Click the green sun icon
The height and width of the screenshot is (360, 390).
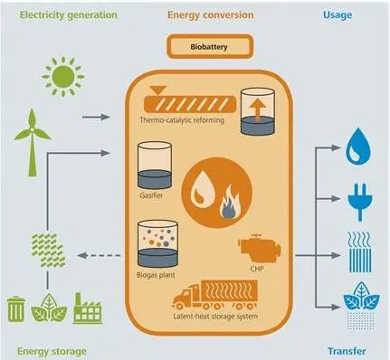(x=63, y=76)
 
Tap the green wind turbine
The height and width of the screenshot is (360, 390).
(x=32, y=143)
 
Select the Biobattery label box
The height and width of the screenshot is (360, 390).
(x=210, y=47)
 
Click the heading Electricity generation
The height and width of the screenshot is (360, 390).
(x=69, y=15)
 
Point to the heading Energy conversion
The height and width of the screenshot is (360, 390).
(x=211, y=15)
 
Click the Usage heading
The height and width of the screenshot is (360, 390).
(x=338, y=15)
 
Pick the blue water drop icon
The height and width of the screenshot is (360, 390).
(x=358, y=147)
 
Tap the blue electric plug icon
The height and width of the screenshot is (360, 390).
(x=360, y=203)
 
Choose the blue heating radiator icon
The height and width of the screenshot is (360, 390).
(x=359, y=252)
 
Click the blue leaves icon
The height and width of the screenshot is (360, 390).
(x=361, y=305)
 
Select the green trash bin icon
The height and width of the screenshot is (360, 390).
(x=16, y=308)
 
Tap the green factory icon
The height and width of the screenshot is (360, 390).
(x=88, y=308)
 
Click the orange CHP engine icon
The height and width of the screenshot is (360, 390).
(x=259, y=249)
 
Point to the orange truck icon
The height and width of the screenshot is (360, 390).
(x=215, y=295)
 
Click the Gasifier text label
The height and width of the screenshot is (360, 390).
(x=151, y=195)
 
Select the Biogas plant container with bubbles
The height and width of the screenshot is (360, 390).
(x=157, y=244)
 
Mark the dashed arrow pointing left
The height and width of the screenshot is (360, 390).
(x=99, y=256)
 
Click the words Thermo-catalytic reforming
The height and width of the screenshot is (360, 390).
(x=182, y=120)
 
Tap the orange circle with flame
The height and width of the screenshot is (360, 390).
(x=216, y=193)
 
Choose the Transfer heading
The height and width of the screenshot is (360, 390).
(x=347, y=351)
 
